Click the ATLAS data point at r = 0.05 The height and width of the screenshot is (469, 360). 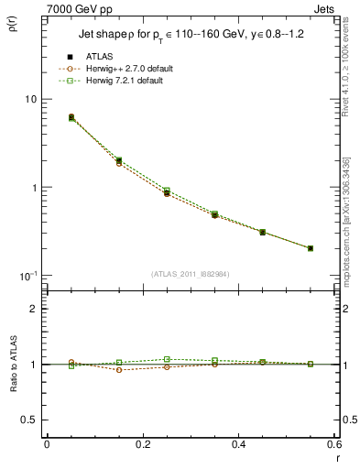click(x=71, y=117)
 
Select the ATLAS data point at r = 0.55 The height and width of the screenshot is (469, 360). click(x=311, y=248)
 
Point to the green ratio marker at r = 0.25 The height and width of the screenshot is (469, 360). click(x=167, y=360)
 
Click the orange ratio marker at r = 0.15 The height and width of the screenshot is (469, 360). click(x=119, y=369)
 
